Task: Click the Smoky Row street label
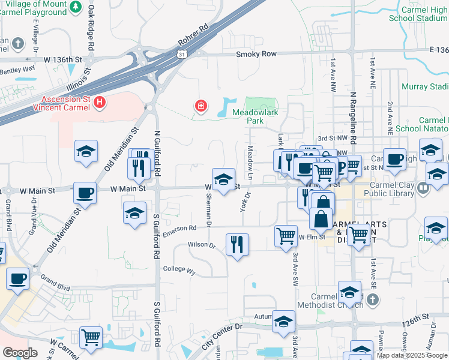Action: pyautogui.click(x=256, y=54)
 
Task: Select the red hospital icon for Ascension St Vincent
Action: pyautogui.click(x=100, y=104)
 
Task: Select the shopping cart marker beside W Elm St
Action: pyautogui.click(x=286, y=235)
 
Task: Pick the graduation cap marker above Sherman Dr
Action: pyautogui.click(x=223, y=180)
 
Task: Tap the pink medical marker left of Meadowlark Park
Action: pyautogui.click(x=201, y=107)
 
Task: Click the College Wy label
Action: pyautogui.click(x=179, y=270)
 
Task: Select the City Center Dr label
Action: pyautogui.click(x=221, y=335)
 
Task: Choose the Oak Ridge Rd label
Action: pyautogui.click(x=91, y=28)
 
